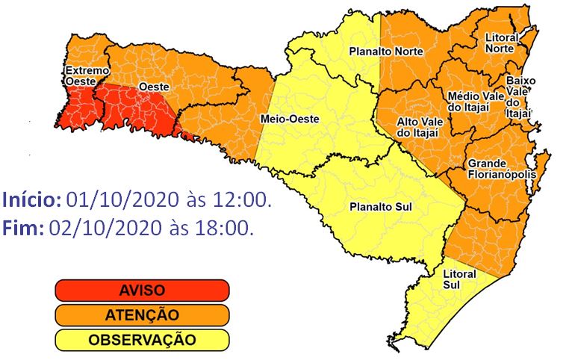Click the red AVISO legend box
click(x=141, y=290)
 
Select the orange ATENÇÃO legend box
click(x=141, y=315)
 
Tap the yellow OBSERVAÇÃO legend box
click(x=141, y=340)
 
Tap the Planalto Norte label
click(x=386, y=52)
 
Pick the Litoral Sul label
click(x=459, y=279)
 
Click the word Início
click(x=31, y=200)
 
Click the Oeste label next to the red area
click(x=155, y=87)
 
